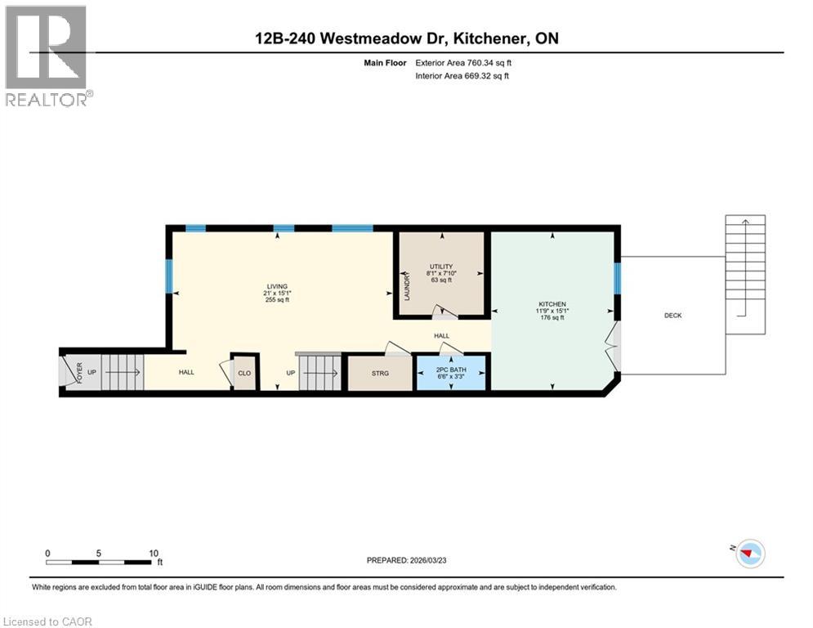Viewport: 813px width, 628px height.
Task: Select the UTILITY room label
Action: (441, 267)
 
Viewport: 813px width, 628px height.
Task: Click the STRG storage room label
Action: (380, 373)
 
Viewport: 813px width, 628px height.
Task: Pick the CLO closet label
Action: (244, 373)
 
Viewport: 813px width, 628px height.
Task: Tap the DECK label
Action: (672, 316)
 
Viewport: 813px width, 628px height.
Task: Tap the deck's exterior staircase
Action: (745, 274)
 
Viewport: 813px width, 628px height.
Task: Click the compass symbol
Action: (749, 554)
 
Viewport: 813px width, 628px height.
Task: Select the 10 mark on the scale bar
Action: (154, 553)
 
